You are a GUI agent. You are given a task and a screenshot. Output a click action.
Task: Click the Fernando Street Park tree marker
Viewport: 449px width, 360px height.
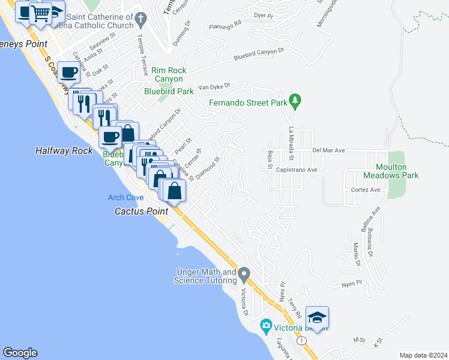point(295,99)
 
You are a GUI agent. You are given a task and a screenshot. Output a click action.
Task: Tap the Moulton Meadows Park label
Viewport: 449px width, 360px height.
point(391,171)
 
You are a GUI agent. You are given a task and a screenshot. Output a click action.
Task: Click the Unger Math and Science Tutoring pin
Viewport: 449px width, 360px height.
point(244,275)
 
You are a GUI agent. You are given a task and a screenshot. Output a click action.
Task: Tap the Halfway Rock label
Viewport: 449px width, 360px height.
point(64,151)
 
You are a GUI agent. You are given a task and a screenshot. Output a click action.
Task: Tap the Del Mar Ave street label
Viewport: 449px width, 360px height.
point(327,150)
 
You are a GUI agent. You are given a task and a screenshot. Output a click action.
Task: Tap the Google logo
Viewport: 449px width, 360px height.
point(20,353)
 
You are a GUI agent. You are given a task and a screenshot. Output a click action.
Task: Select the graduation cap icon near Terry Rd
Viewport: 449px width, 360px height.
point(317,317)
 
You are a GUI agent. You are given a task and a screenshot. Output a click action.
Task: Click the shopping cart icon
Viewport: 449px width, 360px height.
point(41,12)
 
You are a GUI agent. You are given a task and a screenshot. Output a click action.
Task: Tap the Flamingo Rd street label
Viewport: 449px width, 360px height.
point(225,24)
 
